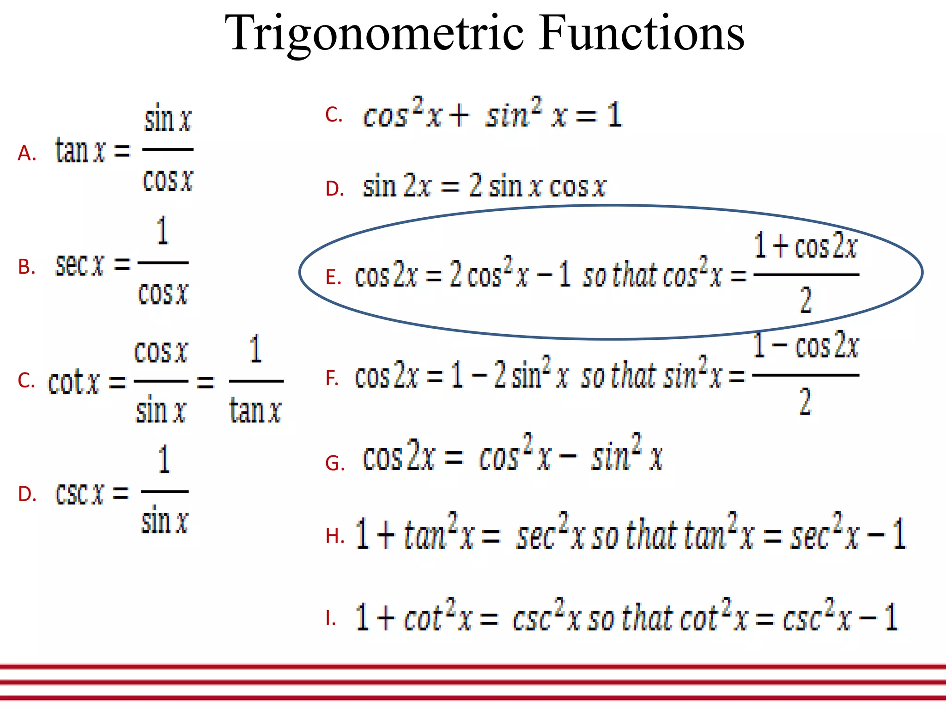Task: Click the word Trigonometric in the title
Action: coord(374,33)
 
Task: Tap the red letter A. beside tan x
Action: coord(27,153)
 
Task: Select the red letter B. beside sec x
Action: coord(27,267)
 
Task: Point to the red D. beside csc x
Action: coord(27,494)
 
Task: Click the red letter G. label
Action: coord(335,463)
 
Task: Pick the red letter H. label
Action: coord(334,536)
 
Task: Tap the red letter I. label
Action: coord(330,618)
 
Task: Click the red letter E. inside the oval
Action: coord(334,277)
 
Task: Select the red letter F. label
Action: coord(332,378)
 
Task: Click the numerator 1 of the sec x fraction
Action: coord(162,231)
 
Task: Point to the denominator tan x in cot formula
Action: coord(255,410)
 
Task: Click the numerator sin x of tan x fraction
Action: coord(168,119)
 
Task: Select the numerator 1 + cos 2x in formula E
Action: coord(806,246)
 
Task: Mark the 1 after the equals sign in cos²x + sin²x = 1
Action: coord(614,115)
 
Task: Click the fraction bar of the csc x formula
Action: coord(164,491)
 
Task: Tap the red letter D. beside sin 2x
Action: coord(334,189)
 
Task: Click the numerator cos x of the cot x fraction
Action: coord(161,352)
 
